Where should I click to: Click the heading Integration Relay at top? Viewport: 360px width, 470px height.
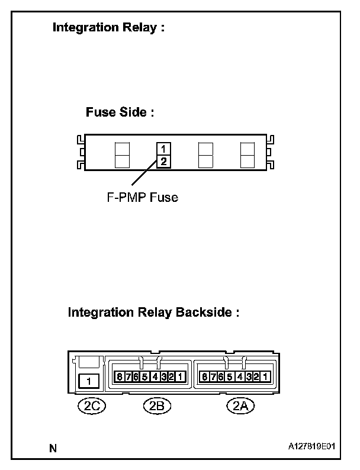[x=108, y=27]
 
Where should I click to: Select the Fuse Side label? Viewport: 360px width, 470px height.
[x=120, y=112]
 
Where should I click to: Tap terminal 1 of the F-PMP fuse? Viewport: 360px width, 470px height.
[x=163, y=149]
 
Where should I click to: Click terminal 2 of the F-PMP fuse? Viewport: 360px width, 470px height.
[x=163, y=161]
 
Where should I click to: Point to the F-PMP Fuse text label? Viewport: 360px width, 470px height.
[x=138, y=198]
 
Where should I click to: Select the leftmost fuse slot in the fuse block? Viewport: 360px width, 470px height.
[x=121, y=155]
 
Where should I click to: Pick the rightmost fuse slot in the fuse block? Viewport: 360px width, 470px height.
[x=247, y=155]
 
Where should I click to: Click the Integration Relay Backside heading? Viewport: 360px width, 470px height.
[x=153, y=312]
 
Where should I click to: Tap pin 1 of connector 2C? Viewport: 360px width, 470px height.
[x=89, y=381]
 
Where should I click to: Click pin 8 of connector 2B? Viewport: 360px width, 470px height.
[x=120, y=376]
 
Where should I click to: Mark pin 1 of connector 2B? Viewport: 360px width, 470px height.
[x=181, y=376]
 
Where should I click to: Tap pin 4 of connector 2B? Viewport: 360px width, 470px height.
[x=155, y=376]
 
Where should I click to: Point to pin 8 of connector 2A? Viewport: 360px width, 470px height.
[x=204, y=376]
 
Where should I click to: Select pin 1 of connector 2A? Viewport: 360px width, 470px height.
[x=265, y=376]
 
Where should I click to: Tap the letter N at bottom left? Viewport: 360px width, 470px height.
[x=53, y=448]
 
